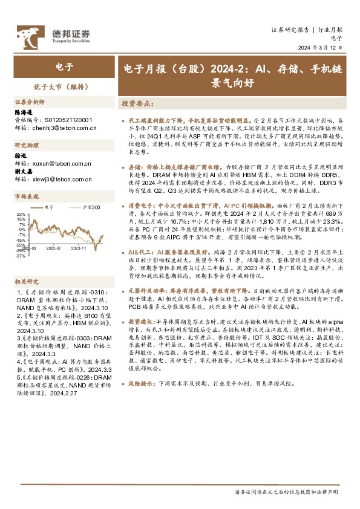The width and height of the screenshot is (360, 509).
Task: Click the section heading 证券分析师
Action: tap(30, 102)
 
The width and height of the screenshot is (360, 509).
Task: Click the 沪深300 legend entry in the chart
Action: tap(91, 207)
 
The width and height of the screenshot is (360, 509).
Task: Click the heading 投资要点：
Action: tap(139, 103)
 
